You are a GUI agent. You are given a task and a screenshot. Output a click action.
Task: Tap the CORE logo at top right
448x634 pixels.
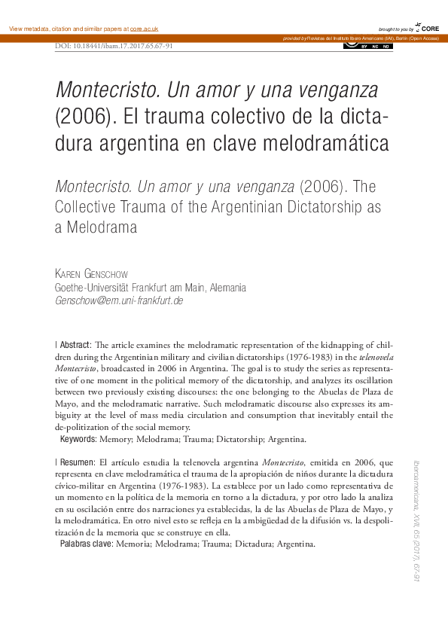pyautogui.click(x=426, y=28)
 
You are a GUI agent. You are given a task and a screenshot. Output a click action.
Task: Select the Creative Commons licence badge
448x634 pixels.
pyautogui.click(x=367, y=46)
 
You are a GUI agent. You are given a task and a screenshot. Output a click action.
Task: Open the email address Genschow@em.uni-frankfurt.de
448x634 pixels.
pyautogui.click(x=119, y=300)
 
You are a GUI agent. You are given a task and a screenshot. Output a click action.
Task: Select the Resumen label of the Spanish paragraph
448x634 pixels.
pyautogui.click(x=76, y=461)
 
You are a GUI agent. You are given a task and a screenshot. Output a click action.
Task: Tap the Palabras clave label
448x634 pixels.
pyautogui.click(x=85, y=544)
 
